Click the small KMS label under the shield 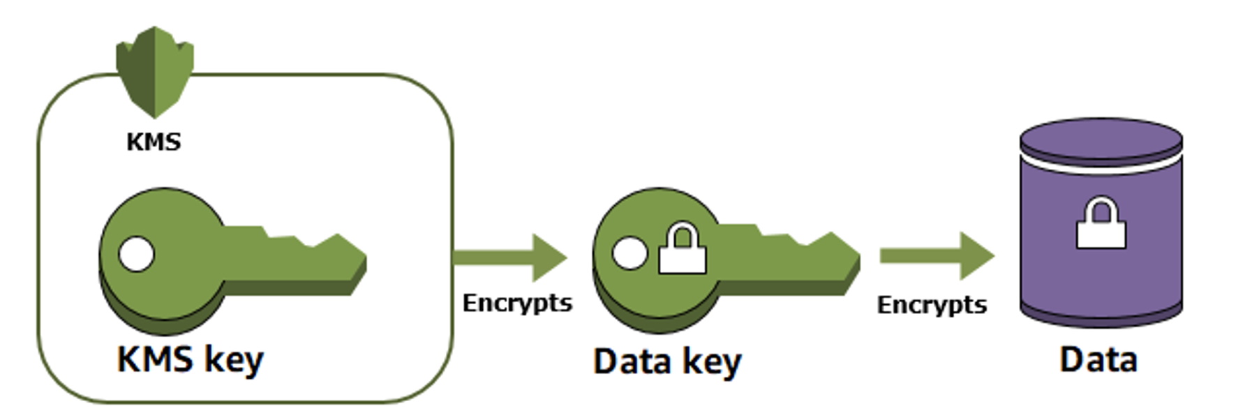pos(154,142)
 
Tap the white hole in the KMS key pos(136,254)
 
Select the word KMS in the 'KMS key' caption pos(155,359)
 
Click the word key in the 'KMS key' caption pos(234,361)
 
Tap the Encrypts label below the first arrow pos(517,303)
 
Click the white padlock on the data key pos(683,250)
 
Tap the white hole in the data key pos(629,253)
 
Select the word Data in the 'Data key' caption pos(632,361)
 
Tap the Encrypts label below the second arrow pos(932,305)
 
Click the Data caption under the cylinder pos(1098,360)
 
